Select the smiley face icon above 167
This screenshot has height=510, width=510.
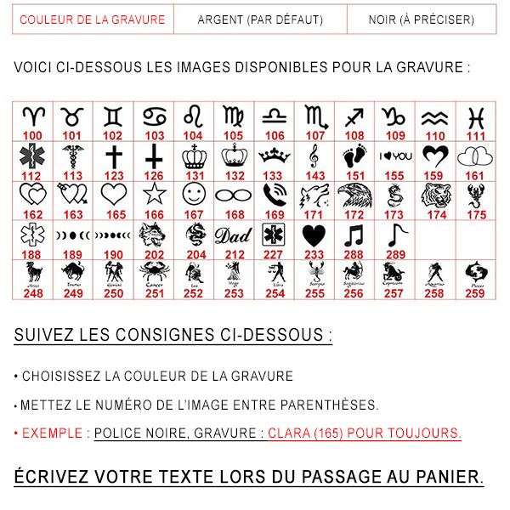tap(194, 195)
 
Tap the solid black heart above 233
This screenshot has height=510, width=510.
tap(314, 234)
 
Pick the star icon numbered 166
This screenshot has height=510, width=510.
tap(154, 195)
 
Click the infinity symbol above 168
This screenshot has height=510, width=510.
tap(234, 195)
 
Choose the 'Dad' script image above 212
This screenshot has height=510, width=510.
tap(234, 235)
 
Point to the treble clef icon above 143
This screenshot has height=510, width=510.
tap(314, 156)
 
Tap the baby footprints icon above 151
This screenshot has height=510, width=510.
tap(354, 156)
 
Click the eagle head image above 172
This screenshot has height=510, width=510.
tap(354, 195)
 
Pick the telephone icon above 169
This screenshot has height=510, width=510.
tap(274, 195)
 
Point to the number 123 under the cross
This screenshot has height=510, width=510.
tap(113, 176)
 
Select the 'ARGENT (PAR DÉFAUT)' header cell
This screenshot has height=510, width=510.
tap(259, 19)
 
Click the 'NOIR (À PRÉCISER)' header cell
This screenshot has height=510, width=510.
tap(422, 19)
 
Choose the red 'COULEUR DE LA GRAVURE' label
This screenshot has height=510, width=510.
tap(92, 19)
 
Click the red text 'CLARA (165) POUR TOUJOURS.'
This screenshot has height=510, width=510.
tap(365, 433)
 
